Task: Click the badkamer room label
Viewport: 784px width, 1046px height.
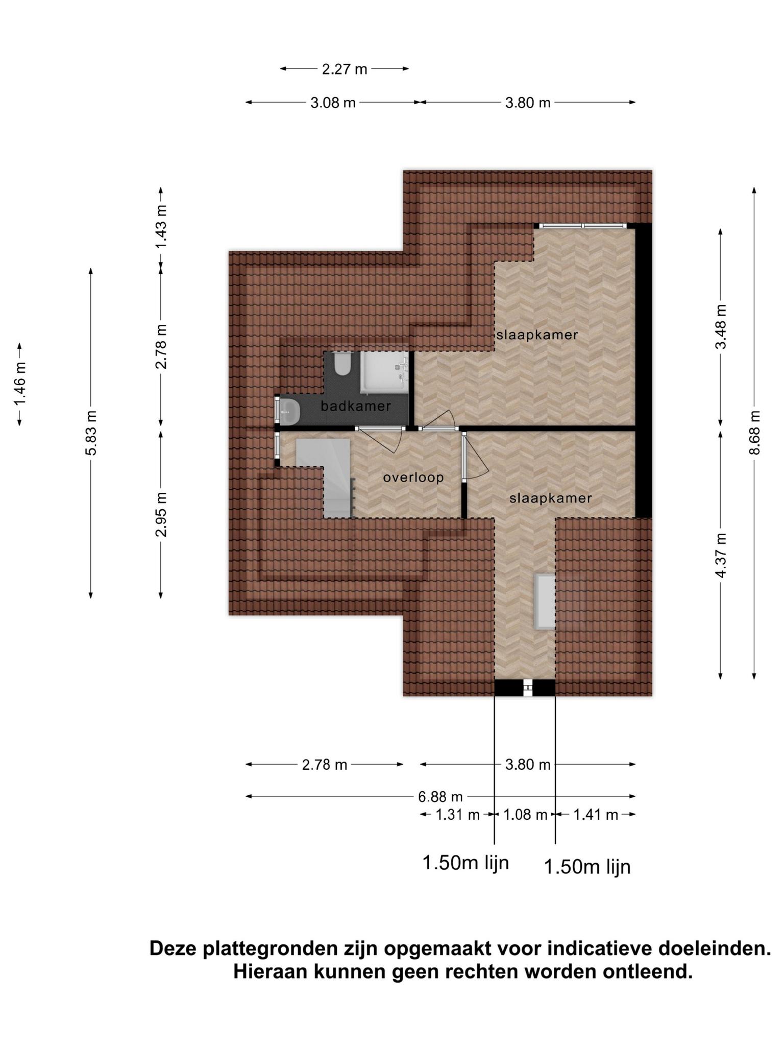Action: click(x=356, y=407)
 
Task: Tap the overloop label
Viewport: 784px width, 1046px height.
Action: click(x=413, y=478)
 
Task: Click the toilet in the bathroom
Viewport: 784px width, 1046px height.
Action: click(x=341, y=364)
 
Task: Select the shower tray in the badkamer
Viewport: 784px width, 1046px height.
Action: click(x=385, y=372)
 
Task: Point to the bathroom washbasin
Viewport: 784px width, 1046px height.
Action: click(x=289, y=411)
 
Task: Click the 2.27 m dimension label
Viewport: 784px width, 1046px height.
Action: click(x=345, y=69)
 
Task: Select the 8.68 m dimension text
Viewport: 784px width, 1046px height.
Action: click(x=755, y=433)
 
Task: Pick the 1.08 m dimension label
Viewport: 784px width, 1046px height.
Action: click(x=525, y=815)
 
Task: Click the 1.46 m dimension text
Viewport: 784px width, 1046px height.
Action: click(x=20, y=384)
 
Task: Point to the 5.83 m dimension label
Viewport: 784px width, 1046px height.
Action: click(x=91, y=433)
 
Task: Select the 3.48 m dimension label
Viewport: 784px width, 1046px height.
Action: click(x=721, y=327)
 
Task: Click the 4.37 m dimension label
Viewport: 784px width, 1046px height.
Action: click(x=721, y=556)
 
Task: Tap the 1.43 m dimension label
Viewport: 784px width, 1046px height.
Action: click(x=161, y=227)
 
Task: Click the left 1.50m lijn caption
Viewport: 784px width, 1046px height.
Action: click(x=465, y=863)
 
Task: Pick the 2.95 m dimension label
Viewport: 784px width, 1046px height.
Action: click(x=161, y=515)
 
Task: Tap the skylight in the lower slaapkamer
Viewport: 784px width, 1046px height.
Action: click(x=545, y=601)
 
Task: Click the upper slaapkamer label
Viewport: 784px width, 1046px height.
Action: click(x=537, y=335)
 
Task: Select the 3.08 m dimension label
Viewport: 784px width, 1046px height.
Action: click(x=333, y=103)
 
